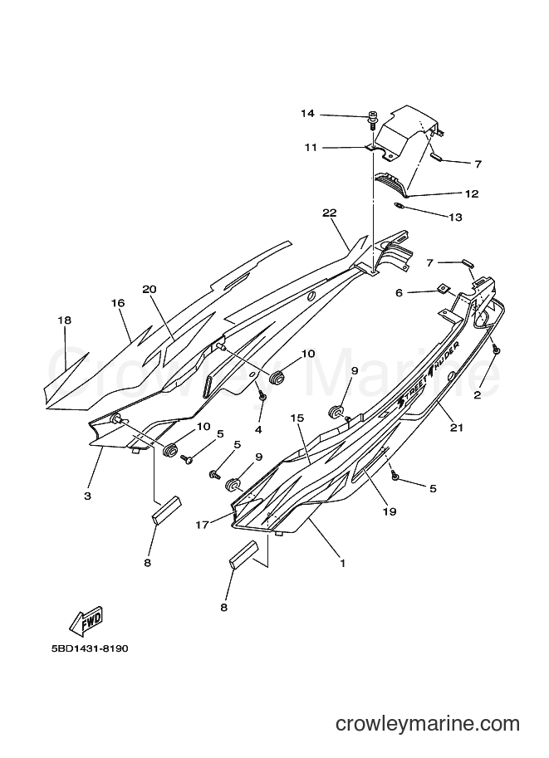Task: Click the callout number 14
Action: pyautogui.click(x=307, y=114)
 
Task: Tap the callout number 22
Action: pyautogui.click(x=330, y=213)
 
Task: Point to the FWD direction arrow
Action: pyautogui.click(x=87, y=620)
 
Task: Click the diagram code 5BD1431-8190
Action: pyautogui.click(x=90, y=648)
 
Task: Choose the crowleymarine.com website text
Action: pyautogui.click(x=427, y=724)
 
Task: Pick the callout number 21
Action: pyautogui.click(x=457, y=428)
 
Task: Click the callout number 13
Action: pyautogui.click(x=456, y=218)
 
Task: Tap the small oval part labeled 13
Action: pyautogui.click(x=399, y=207)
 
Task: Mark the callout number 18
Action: pyautogui.click(x=64, y=320)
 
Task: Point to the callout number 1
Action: pyautogui.click(x=342, y=563)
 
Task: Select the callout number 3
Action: pyautogui.click(x=87, y=496)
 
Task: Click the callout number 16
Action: pyautogui.click(x=118, y=303)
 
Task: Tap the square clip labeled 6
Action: pyautogui.click(x=442, y=289)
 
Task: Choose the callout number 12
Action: pyautogui.click(x=472, y=193)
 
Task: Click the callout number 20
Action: pyautogui.click(x=150, y=289)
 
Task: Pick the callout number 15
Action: pyautogui.click(x=297, y=418)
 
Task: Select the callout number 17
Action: pyautogui.click(x=203, y=525)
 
